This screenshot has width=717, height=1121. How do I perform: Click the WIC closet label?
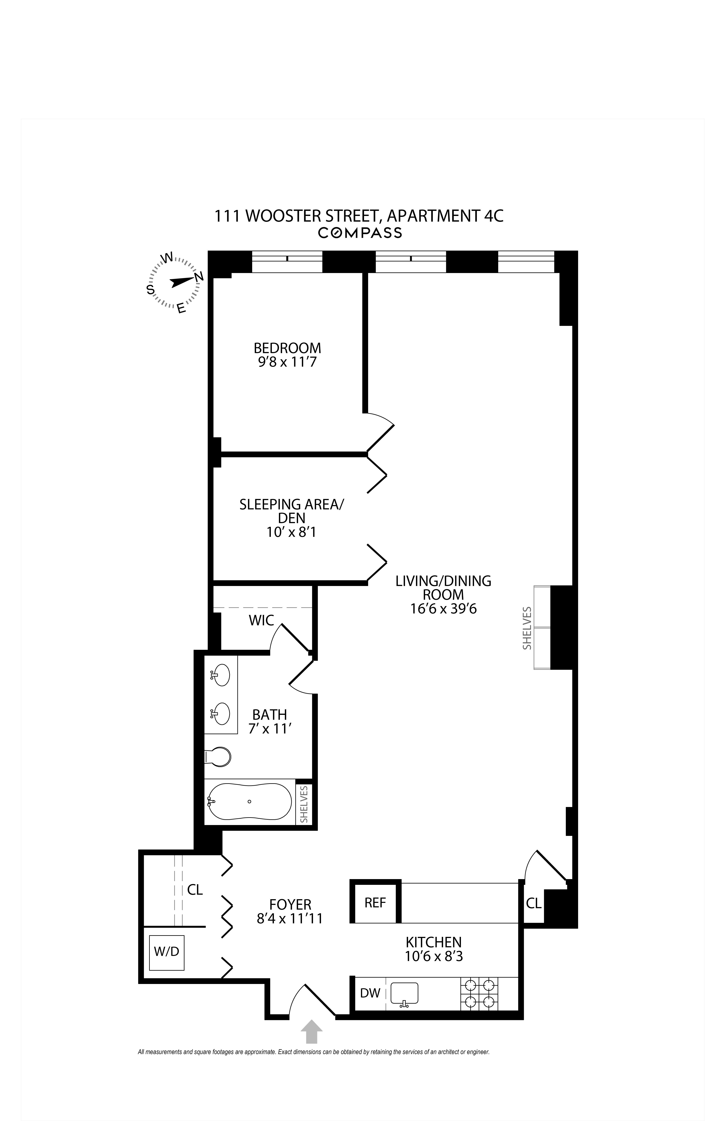pyautogui.click(x=261, y=620)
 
